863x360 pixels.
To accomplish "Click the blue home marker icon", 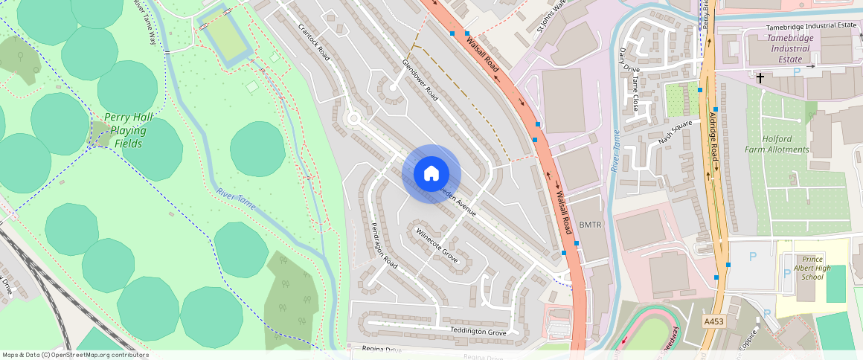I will click(x=431, y=174).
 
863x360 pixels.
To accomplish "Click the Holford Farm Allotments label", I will click(x=776, y=144).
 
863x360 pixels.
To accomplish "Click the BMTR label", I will click(x=589, y=224).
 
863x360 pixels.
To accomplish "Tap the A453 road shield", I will click(x=713, y=321).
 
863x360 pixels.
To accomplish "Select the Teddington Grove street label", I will click(x=478, y=331).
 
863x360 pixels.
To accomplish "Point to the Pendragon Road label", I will click(x=385, y=245).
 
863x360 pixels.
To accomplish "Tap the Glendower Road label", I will click(x=420, y=80).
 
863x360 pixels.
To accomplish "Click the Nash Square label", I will click(x=675, y=132).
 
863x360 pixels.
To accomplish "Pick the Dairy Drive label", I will click(x=629, y=60).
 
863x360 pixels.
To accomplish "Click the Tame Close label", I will click(x=635, y=93).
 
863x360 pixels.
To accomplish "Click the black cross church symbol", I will click(x=760, y=77).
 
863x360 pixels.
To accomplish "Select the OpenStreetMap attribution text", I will click(x=74, y=355).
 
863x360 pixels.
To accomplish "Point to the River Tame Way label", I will click(x=145, y=22).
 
